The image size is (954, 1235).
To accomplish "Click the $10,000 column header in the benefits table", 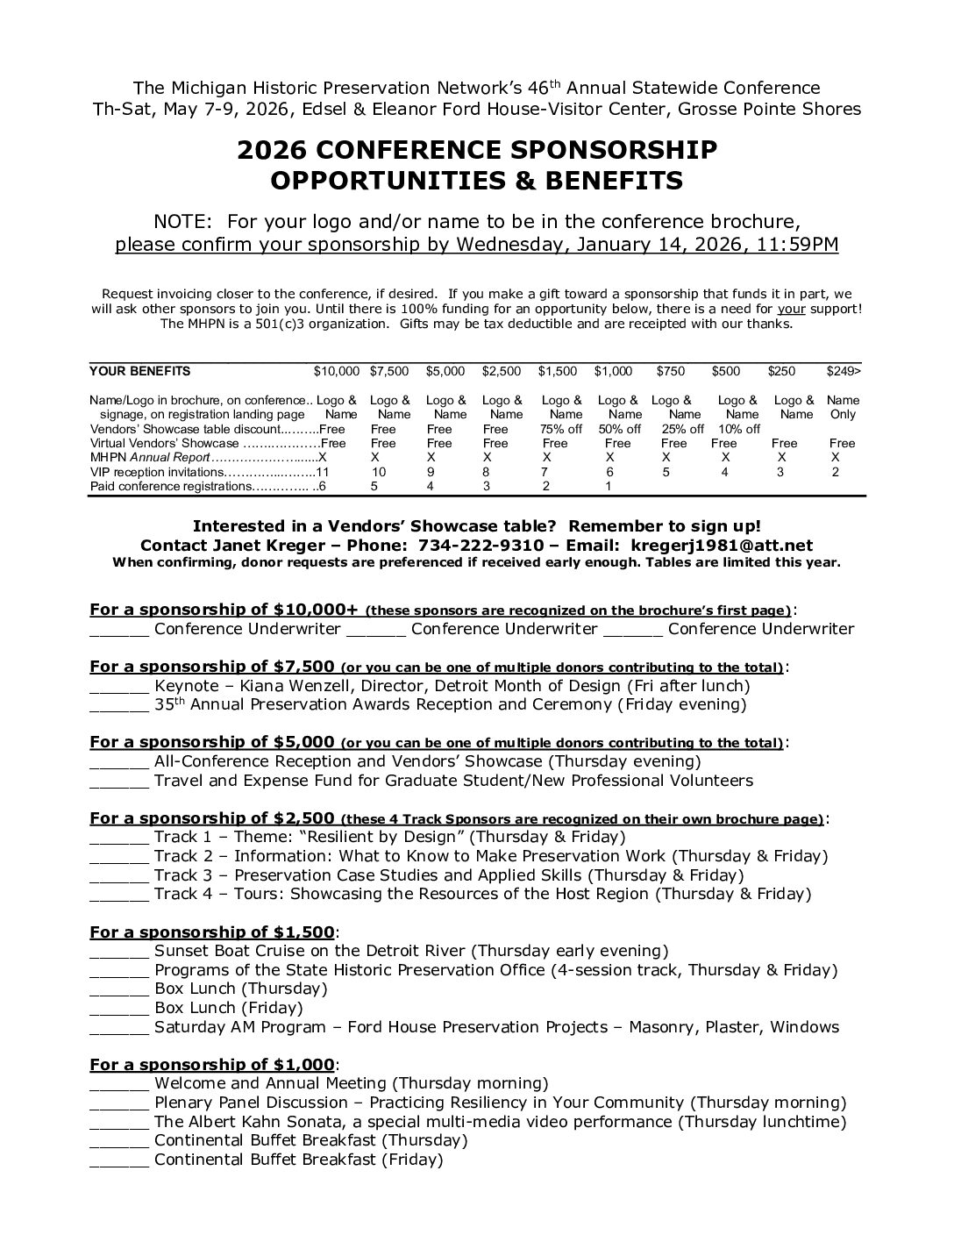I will pyautogui.click(x=337, y=371).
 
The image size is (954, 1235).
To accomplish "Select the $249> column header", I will pyautogui.click(x=844, y=371).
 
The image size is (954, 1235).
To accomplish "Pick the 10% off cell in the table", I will pyautogui.click(x=739, y=429).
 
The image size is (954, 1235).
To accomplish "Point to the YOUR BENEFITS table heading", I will pyautogui.click(x=140, y=371).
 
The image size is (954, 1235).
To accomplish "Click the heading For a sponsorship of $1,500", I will pyautogui.click(x=212, y=932).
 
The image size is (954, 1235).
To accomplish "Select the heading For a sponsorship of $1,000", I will pyautogui.click(x=212, y=1064).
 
